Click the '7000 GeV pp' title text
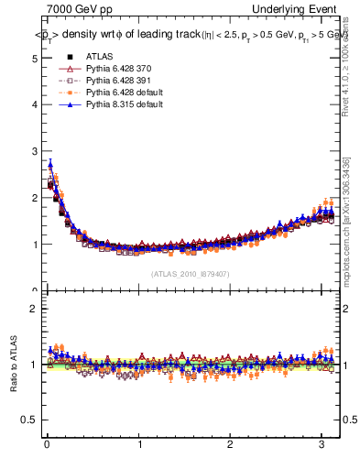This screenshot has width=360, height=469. coord(79,9)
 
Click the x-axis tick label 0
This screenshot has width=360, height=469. coord(46,446)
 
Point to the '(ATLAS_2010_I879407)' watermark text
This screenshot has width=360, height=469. coord(190,273)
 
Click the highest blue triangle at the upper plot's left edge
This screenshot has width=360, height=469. coord(50,165)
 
